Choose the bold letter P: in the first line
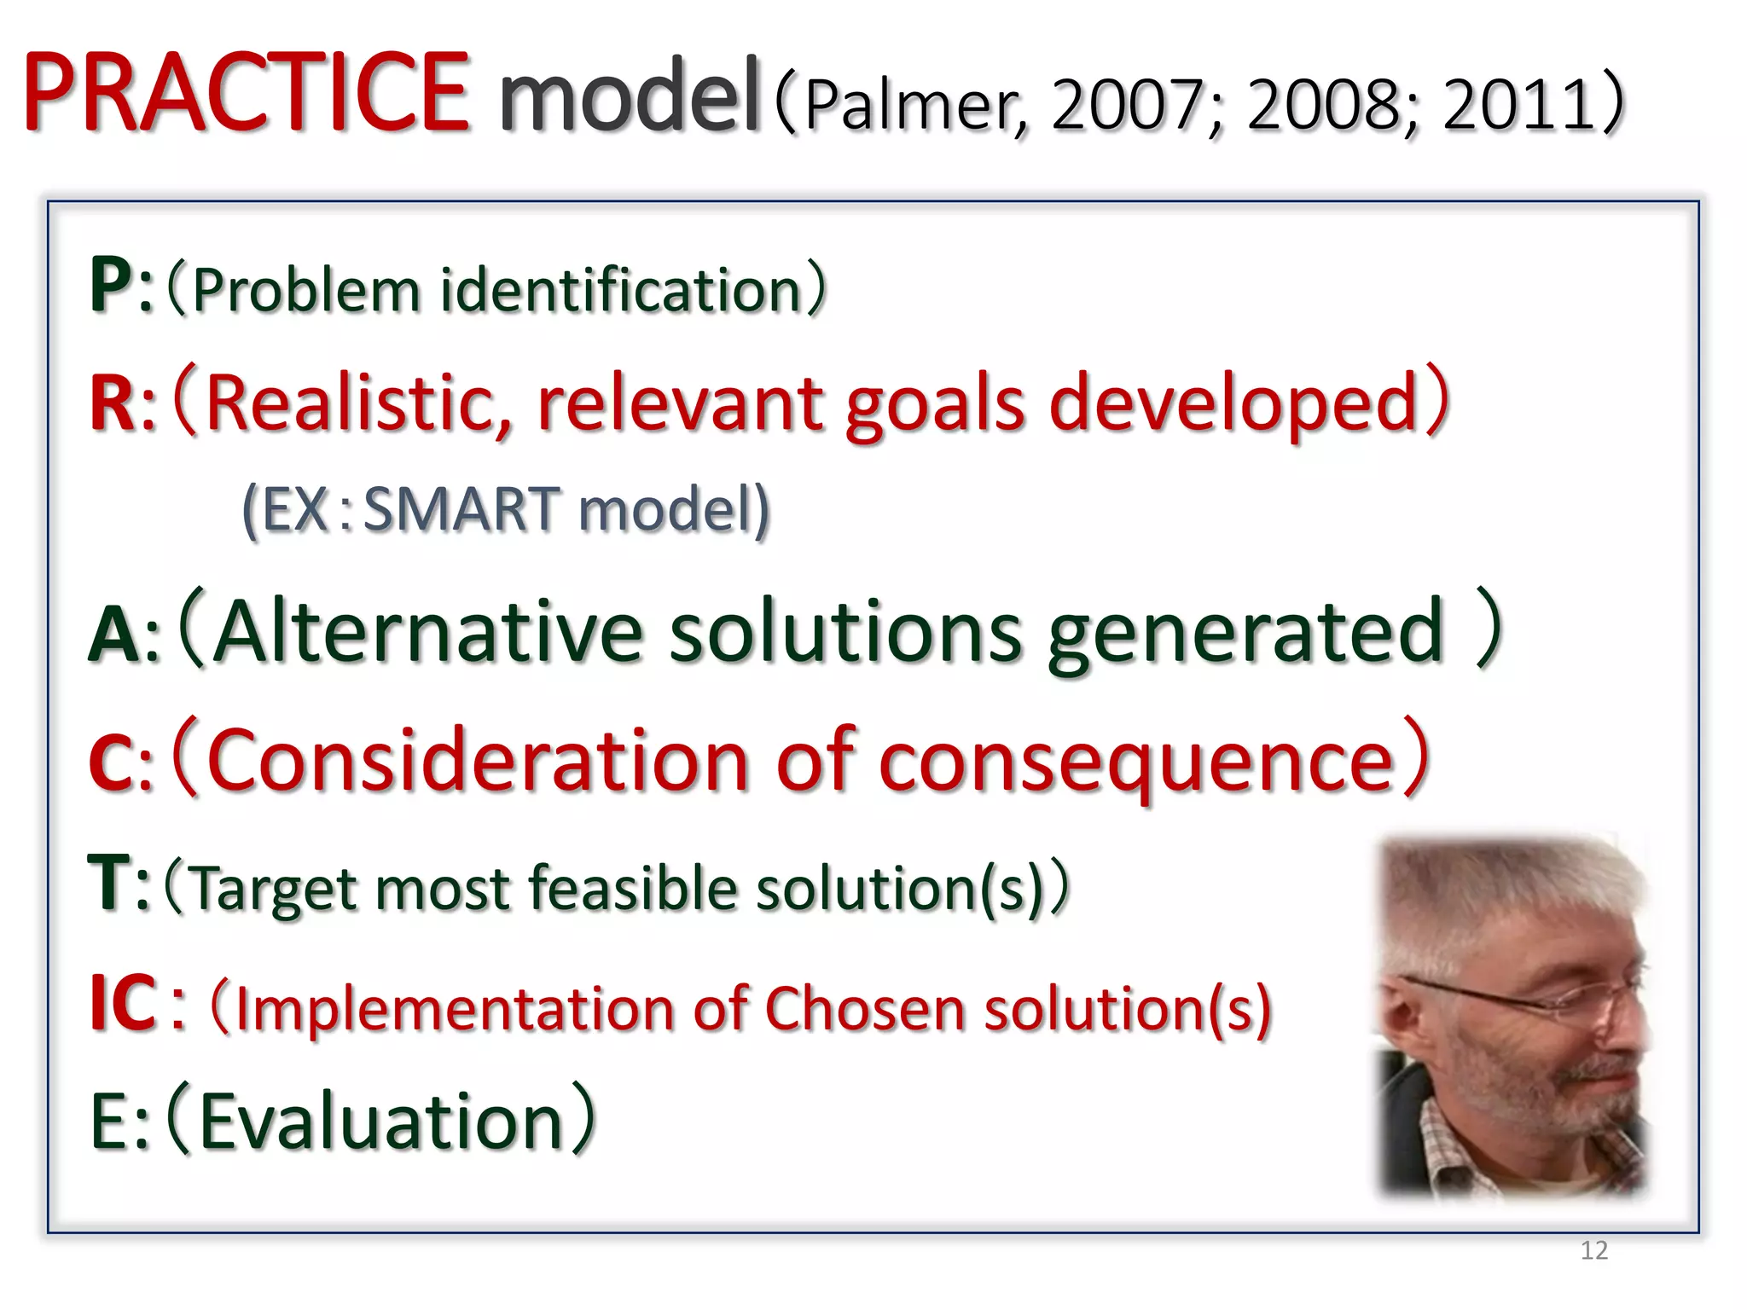coord(119,287)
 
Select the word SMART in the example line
coord(461,509)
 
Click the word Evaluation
coord(380,1121)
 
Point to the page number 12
coord(1593,1250)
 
